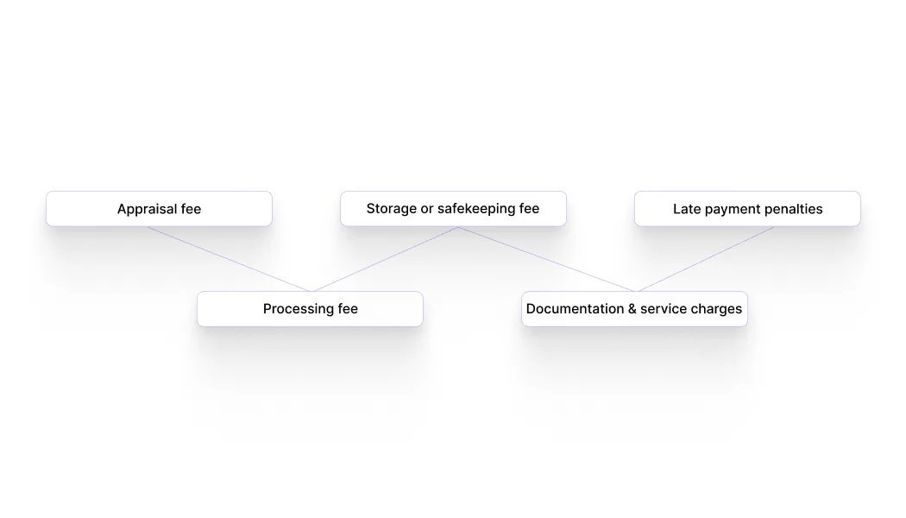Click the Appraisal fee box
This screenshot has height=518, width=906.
pos(159,209)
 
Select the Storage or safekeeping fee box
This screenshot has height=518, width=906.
pos(453,209)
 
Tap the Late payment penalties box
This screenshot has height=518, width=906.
pos(747,209)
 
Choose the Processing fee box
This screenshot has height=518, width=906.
pos(310,309)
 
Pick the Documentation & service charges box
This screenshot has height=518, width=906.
pos(634,309)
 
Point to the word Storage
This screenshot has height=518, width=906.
pos(391,209)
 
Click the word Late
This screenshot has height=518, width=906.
pos(686,209)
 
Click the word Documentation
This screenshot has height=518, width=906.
pos(575,309)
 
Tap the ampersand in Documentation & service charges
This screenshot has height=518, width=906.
pos(632,309)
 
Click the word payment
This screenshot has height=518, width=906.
pos(732,209)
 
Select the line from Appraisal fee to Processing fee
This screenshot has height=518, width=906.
pos(229,259)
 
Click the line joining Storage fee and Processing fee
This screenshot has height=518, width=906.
pos(386,259)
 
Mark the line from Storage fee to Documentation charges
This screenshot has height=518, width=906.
pos(546,259)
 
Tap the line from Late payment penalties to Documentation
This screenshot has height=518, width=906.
pos(705,259)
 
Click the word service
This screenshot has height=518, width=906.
pos(665,309)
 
